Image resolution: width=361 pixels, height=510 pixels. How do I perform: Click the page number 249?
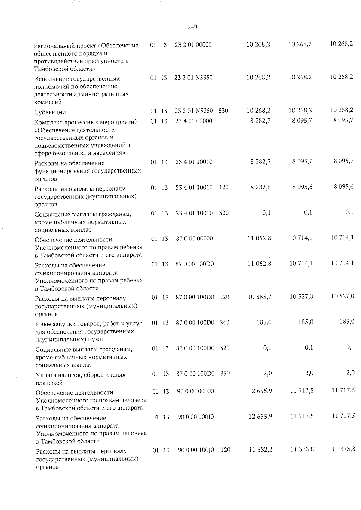point(192,27)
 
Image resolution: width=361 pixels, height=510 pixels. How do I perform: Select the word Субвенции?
point(50,112)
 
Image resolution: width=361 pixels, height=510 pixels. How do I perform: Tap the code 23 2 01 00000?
point(193,45)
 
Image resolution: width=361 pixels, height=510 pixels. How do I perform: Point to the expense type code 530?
point(223,111)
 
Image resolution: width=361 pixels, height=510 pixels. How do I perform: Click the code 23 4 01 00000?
point(194,121)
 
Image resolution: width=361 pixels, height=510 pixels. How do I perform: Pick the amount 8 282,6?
point(261,187)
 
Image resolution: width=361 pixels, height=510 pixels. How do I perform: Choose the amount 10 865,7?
point(260,297)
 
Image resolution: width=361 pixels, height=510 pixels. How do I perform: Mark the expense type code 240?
point(224,322)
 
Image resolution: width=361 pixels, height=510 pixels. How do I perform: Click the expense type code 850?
point(225,374)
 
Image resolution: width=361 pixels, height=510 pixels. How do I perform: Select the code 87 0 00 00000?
point(195,239)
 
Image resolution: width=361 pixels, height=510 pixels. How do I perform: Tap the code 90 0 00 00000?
point(196,391)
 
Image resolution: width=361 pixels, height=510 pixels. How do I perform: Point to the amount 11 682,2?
point(261,450)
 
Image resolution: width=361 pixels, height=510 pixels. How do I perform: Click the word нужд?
point(96,340)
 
